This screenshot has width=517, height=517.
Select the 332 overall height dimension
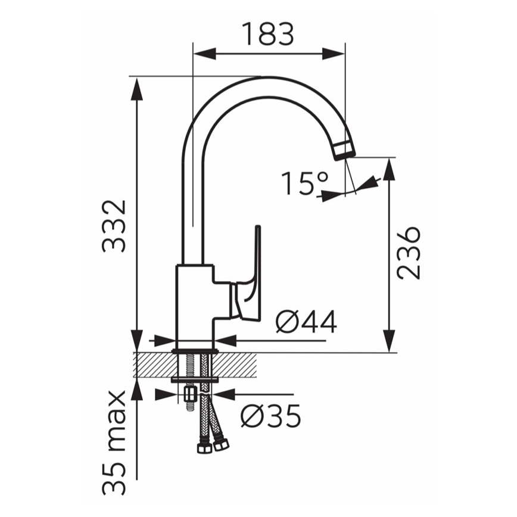click(x=114, y=226)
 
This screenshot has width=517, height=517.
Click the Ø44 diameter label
click(x=306, y=323)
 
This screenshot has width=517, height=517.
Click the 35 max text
click(x=114, y=443)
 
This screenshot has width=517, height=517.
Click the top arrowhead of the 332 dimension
click(x=138, y=87)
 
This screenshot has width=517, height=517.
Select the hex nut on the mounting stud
click(x=191, y=394)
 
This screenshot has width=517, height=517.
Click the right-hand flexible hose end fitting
click(x=222, y=444)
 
